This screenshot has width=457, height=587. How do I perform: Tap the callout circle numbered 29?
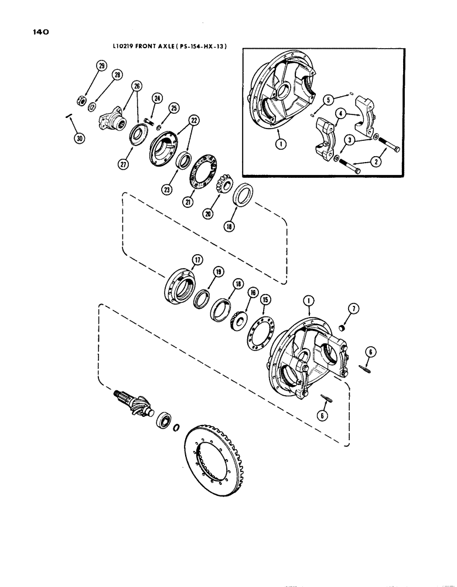point(101,67)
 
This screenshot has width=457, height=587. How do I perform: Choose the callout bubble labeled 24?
point(157,99)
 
